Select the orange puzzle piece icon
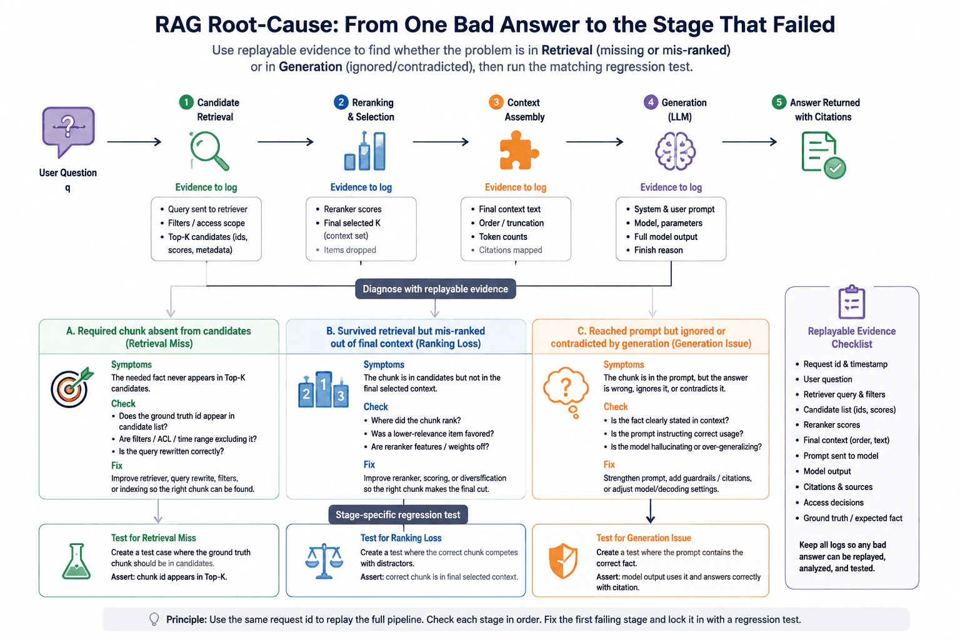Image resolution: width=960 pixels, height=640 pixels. [519, 150]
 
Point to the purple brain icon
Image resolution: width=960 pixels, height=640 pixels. [675, 151]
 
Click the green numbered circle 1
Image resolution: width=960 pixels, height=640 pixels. [186, 102]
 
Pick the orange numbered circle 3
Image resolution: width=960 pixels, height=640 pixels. [496, 102]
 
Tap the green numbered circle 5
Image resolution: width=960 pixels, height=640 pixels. [779, 102]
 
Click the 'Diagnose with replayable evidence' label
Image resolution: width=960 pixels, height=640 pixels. [436, 289]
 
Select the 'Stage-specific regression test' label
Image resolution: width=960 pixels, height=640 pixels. [397, 515]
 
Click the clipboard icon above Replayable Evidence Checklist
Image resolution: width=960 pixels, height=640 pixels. [852, 302]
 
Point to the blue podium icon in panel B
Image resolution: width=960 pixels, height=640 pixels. [323, 389]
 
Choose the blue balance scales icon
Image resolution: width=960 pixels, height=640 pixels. [324, 561]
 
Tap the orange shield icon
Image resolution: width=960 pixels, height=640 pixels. [563, 561]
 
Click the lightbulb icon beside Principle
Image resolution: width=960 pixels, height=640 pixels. [154, 619]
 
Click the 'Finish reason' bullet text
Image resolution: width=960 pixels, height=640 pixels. [658, 250]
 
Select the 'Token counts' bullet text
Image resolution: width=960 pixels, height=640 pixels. [503, 237]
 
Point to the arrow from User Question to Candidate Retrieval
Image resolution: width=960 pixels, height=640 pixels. [134, 142]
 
